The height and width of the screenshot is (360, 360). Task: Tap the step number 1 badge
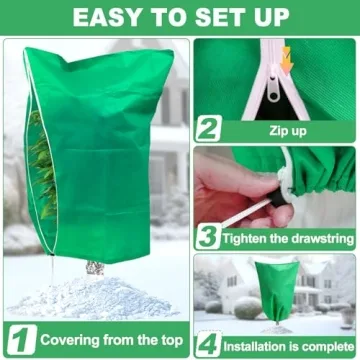[x=20, y=338]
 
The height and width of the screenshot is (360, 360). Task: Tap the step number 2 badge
[x=207, y=128]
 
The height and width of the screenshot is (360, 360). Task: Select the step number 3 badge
[x=207, y=236]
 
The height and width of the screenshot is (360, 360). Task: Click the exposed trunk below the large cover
[x=94, y=267]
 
